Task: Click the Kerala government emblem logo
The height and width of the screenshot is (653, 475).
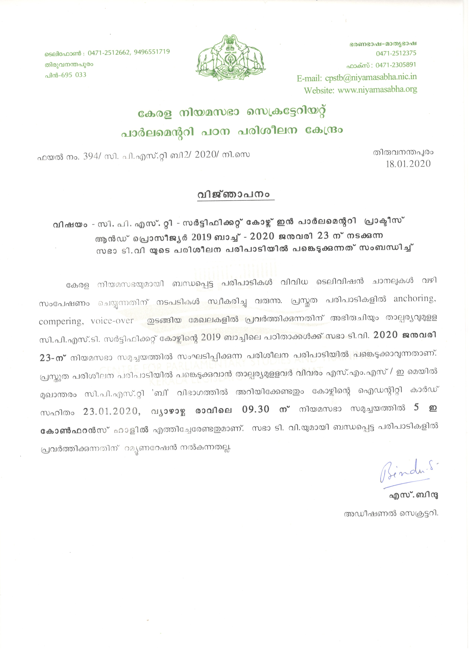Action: tap(231, 58)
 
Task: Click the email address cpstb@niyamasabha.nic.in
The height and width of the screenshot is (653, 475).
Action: tap(371, 77)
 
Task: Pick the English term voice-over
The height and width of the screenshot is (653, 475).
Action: tap(112, 321)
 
